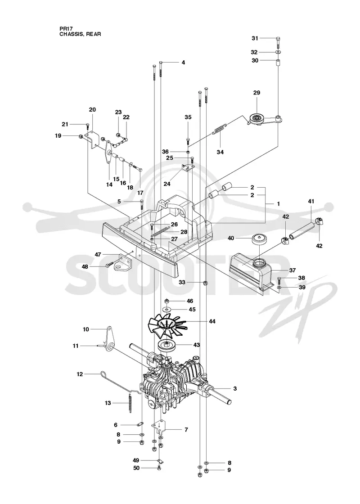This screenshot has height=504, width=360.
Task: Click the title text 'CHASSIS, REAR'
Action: coord(80,34)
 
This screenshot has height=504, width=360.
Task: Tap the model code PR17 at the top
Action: coord(65,29)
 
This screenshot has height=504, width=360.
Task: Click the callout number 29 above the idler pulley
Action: coord(256,93)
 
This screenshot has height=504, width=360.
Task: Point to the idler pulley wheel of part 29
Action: coord(257,119)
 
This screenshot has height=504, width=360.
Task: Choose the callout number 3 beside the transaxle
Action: coord(235,389)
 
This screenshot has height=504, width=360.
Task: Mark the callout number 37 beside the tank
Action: coord(292,270)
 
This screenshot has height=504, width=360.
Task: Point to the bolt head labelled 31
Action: coord(278,39)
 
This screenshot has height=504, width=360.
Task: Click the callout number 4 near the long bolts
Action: coord(183,63)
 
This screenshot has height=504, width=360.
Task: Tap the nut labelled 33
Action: coord(205,283)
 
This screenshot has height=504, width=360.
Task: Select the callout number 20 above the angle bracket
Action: coord(92,110)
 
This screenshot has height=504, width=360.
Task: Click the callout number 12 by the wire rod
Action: coord(80,374)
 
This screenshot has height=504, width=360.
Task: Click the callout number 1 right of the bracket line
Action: coord(279,204)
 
